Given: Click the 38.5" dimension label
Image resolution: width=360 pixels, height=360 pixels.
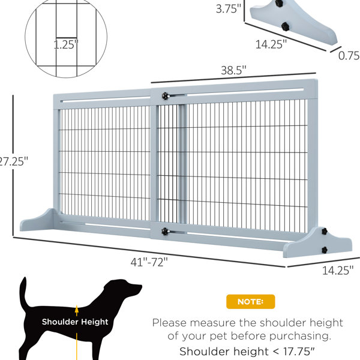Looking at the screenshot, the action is tap(233, 70).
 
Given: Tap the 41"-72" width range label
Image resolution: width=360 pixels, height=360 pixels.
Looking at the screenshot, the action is tap(149, 262).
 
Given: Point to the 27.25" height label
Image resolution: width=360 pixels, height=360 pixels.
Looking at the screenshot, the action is tap(13, 161).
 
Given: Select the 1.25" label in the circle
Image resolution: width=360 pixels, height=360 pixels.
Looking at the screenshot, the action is tap(66, 44).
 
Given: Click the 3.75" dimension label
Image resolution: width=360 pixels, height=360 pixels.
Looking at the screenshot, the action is tap(229, 9).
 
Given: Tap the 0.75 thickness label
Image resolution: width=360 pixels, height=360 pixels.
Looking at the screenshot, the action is tap(349, 56).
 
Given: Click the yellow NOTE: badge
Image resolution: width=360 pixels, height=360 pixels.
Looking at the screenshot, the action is tap(250, 302).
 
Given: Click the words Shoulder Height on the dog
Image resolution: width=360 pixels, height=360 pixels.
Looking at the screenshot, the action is tap(75, 322).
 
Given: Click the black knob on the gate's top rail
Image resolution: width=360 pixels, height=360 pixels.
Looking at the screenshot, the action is tap(165, 96).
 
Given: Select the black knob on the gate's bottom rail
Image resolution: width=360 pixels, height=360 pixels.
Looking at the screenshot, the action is tap(165, 231).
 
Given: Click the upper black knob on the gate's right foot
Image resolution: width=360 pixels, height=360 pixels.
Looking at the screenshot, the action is tap(325, 231).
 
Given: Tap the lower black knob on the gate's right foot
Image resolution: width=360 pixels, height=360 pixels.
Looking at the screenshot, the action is tap(325, 250).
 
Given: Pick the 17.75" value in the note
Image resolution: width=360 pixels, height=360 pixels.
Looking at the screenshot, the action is tap(299, 352).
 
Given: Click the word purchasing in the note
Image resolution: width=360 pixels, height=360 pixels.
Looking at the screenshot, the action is tap(301, 337).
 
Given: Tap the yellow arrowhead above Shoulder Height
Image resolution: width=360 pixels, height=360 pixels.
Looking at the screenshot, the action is tap(77, 309).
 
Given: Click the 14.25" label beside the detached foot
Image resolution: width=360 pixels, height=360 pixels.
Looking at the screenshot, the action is tap(271, 44).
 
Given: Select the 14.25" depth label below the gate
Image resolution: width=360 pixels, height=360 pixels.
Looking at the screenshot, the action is tap(338, 271).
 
